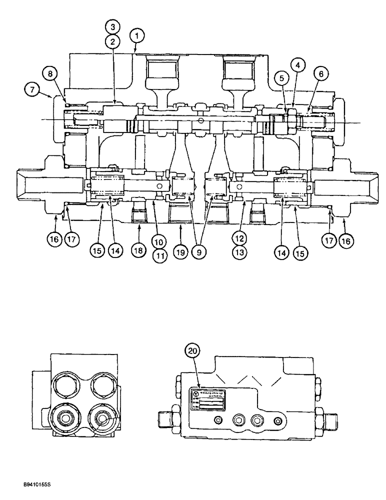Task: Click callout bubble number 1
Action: [x=137, y=35]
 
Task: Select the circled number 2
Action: [x=113, y=41]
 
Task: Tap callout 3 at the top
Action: [x=113, y=26]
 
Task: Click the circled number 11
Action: [x=159, y=255]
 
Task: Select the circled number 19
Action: [x=181, y=252]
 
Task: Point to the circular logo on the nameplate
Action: [x=195, y=394]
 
